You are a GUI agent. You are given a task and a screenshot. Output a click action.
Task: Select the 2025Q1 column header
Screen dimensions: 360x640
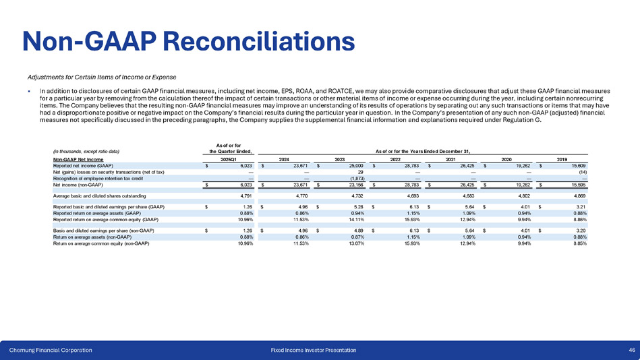229,158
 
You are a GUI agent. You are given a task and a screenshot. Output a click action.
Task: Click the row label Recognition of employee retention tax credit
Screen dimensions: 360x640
98,178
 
